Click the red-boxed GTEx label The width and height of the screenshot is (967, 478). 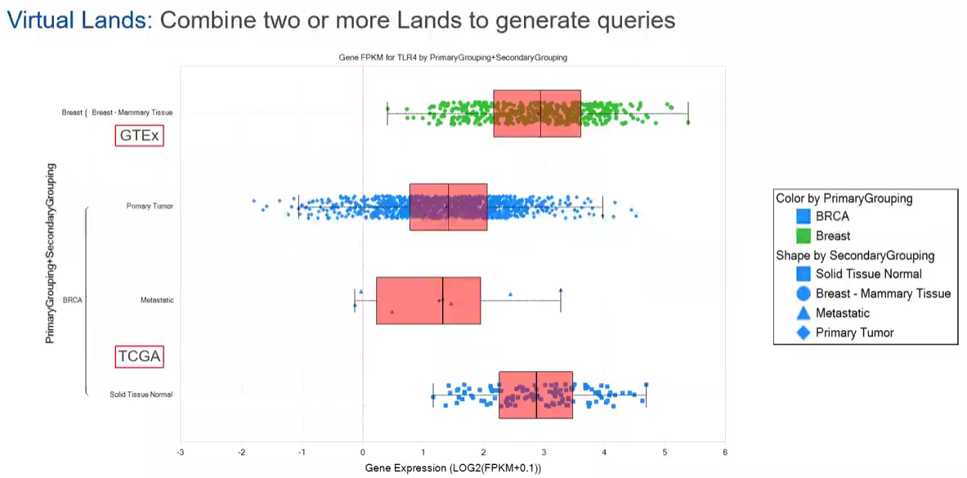click(139, 136)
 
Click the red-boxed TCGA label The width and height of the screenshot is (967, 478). click(139, 356)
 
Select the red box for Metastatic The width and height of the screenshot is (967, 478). click(428, 301)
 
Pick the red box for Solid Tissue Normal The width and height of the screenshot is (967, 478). click(535, 395)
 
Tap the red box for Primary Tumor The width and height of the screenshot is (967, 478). click(448, 207)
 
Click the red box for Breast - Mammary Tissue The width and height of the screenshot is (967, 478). click(537, 114)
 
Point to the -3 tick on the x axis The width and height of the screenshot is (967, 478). click(181, 451)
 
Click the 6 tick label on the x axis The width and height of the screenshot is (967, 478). click(725, 451)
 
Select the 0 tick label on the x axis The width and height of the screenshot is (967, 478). click(362, 451)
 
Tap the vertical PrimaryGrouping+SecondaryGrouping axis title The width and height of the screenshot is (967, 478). click(50, 252)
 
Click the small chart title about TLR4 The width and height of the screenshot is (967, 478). click(453, 58)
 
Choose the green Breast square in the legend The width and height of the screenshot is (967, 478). click(803, 236)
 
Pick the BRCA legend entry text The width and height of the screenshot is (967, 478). click(832, 217)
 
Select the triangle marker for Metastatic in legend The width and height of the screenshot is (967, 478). click(803, 313)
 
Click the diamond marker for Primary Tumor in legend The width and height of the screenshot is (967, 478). click(803, 333)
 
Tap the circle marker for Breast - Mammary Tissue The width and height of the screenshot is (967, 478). click(803, 293)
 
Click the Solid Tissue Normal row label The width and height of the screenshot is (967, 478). click(141, 395)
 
